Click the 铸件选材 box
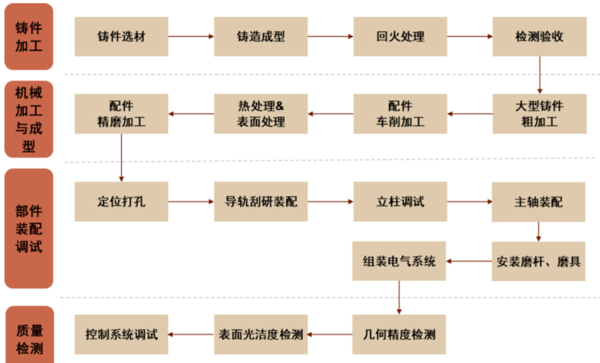pos(121,37)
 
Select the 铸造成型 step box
pos(260,37)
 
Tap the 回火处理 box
pos(400,37)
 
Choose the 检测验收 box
pos(539,37)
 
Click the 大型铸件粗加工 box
pos(539,114)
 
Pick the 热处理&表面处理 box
pos(260,114)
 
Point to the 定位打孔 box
pos(121,202)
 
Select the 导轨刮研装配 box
pos(260,202)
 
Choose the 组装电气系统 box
pos(399,261)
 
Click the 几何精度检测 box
pos(399,335)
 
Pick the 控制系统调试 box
pos(121,335)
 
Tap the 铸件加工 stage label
pos(29,36)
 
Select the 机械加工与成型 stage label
pos(29,119)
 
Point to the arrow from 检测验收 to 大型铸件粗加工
pos(540,75)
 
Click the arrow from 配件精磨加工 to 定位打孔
pos(121,157)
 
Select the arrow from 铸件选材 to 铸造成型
pos(191,37)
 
